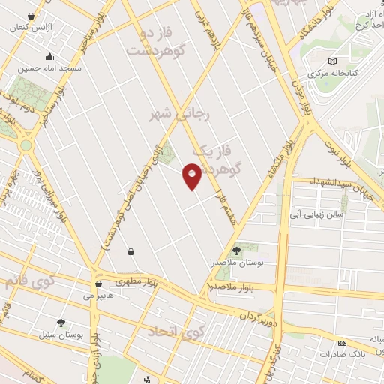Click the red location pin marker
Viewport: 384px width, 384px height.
tap(192, 175)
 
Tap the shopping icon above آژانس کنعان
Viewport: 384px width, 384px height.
tap(30, 16)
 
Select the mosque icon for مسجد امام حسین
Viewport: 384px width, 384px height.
tap(50, 55)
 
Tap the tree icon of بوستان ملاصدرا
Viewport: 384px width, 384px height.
tap(237, 250)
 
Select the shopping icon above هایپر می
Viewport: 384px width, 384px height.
tap(99, 284)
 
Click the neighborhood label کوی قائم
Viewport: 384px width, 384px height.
tap(30, 282)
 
